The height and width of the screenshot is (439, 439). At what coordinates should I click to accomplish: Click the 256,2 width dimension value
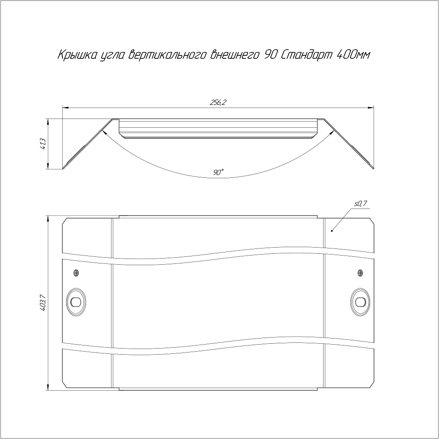click(x=218, y=103)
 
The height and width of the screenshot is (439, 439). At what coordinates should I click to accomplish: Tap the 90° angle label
click(x=218, y=173)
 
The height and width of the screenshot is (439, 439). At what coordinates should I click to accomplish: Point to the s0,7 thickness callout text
click(x=360, y=204)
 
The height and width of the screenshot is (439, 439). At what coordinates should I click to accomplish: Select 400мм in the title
click(x=353, y=55)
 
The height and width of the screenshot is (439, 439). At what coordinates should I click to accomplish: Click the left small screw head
click(x=76, y=273)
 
